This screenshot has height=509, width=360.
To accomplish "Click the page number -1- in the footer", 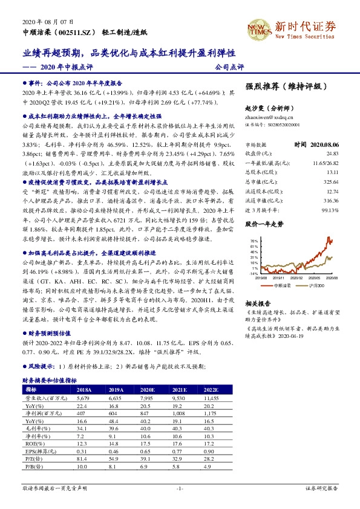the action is (180, 487).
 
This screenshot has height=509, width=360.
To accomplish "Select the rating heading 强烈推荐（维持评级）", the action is (283, 86).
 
